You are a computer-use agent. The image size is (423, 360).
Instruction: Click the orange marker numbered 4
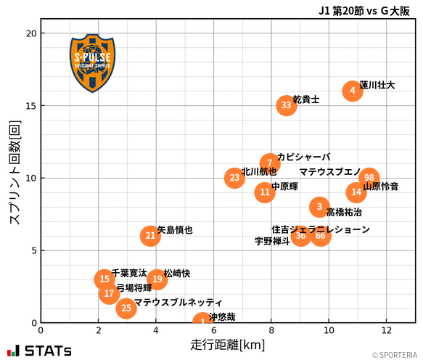[352, 91]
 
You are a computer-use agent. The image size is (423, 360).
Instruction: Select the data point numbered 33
[286, 105]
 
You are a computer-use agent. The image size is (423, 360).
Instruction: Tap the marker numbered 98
[369, 178]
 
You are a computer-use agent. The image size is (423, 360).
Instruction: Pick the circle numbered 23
[234, 178]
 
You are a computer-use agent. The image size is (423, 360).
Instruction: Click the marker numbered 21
[150, 236]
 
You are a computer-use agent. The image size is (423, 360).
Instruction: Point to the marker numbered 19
[157, 279]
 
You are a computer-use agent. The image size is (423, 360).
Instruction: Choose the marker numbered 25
[126, 308]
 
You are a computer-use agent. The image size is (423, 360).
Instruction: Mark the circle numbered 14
[356, 192]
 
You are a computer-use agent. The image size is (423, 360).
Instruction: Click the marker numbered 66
[320, 236]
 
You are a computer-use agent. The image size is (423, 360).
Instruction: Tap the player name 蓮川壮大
[377, 85]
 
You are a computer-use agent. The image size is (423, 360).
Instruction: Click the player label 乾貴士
[306, 99]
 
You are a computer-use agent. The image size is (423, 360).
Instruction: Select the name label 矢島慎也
[175, 230]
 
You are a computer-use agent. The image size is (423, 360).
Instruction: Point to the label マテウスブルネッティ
[178, 302]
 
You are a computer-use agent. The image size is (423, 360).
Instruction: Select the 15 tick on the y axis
[30, 105]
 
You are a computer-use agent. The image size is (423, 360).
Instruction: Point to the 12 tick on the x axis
[386, 330]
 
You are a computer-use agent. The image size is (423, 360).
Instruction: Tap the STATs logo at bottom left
[40, 351]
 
